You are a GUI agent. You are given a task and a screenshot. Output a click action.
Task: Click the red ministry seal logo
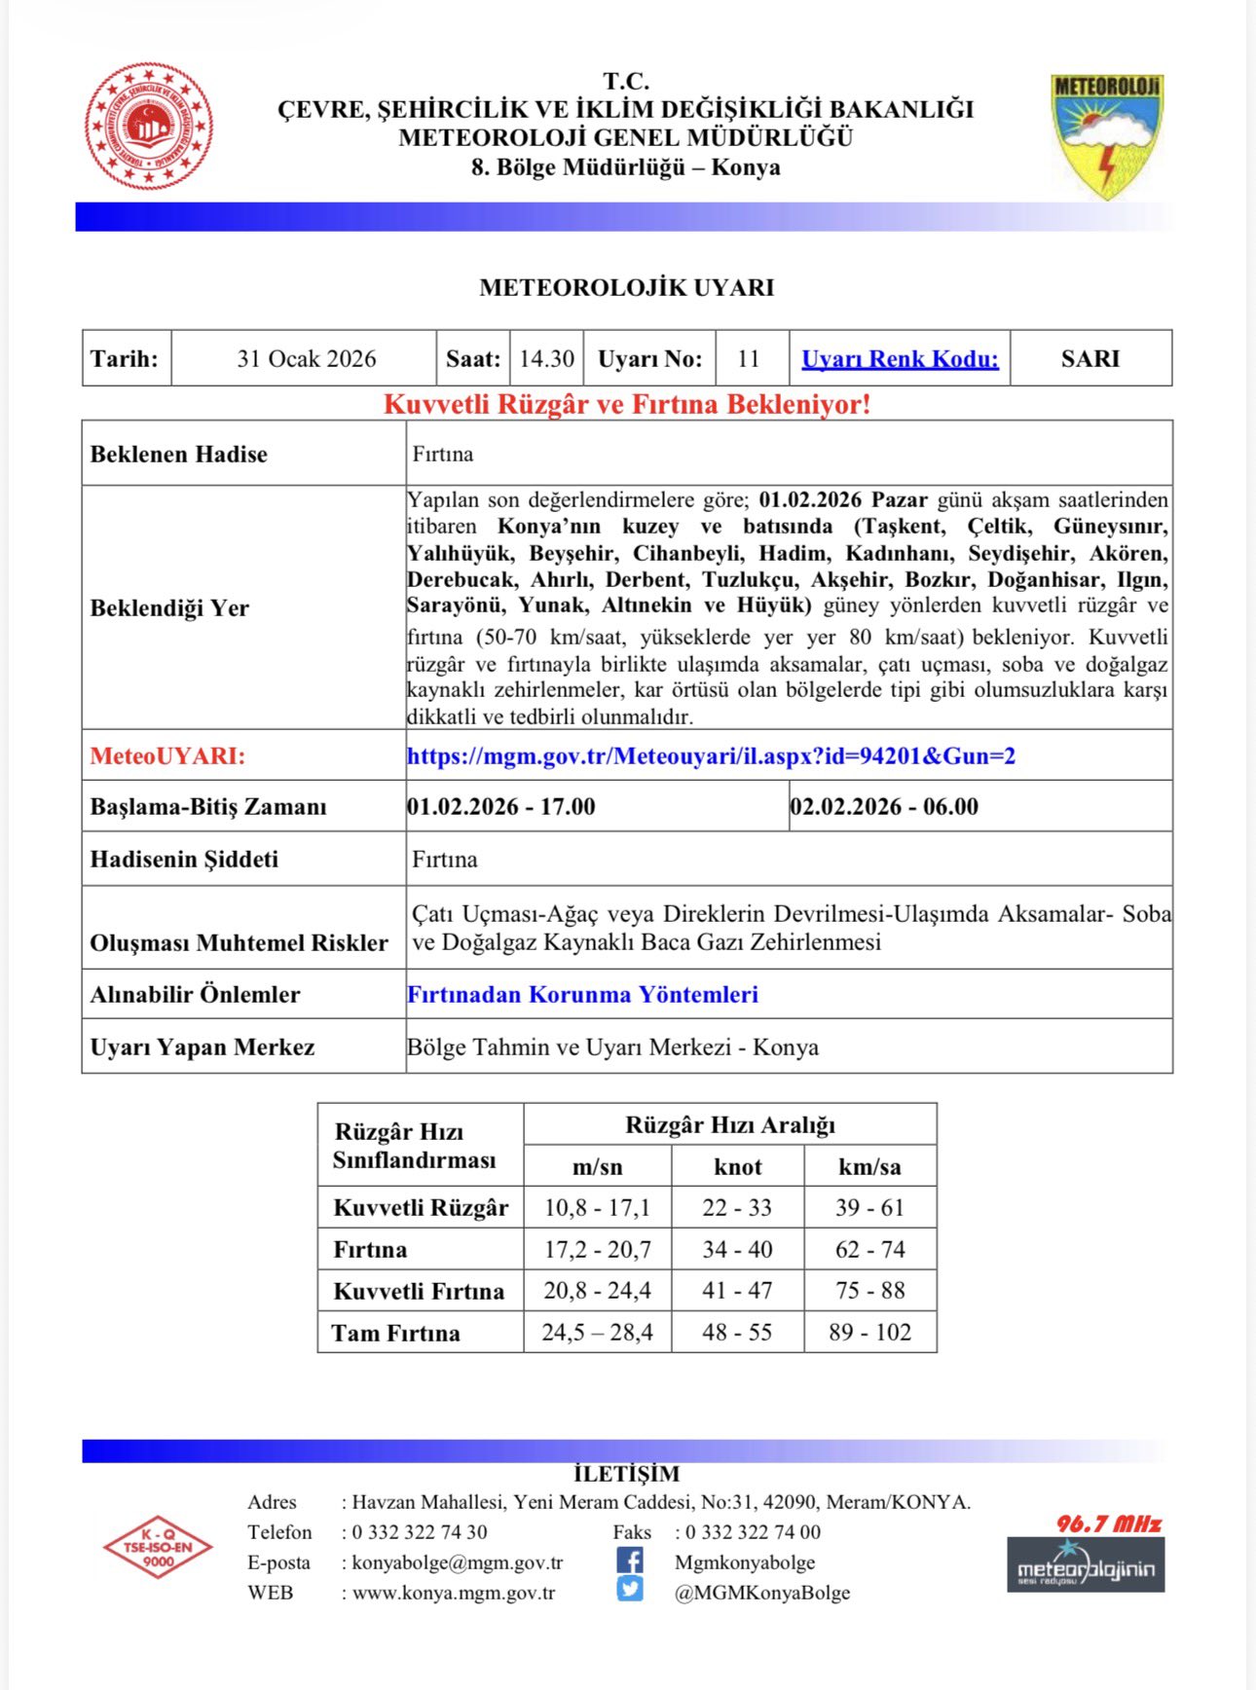tap(149, 126)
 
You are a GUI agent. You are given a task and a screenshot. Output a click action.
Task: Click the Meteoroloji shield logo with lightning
tap(1106, 135)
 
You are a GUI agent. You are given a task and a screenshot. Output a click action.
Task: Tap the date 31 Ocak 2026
tap(306, 359)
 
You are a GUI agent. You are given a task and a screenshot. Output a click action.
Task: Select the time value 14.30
tap(546, 359)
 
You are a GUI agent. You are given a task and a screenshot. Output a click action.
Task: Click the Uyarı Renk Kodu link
tap(900, 359)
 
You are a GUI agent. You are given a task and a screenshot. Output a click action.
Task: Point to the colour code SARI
tap(1090, 359)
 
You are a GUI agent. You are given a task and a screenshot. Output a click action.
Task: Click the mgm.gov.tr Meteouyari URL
tap(711, 756)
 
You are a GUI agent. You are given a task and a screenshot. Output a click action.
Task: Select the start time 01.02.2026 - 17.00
tap(501, 807)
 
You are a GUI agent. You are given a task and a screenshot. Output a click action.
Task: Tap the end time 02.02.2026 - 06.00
tap(884, 807)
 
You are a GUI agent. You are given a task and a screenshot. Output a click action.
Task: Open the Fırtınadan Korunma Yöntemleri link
tap(582, 995)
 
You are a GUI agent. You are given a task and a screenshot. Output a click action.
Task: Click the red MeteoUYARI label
tap(167, 756)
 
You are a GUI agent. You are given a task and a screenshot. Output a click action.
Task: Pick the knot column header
tap(737, 1166)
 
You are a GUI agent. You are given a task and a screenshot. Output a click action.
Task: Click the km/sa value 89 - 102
tap(869, 1332)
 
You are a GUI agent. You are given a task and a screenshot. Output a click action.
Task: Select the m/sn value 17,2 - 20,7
tap(597, 1249)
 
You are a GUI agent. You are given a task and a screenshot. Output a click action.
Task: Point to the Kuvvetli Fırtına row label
tap(419, 1291)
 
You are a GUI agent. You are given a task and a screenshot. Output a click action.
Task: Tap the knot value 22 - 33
tap(737, 1208)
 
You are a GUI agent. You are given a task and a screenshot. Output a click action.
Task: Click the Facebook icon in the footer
tap(630, 1561)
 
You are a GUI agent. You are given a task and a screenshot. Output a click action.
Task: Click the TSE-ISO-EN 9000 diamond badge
tap(158, 1548)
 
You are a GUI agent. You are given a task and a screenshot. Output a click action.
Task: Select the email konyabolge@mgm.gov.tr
tap(458, 1562)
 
